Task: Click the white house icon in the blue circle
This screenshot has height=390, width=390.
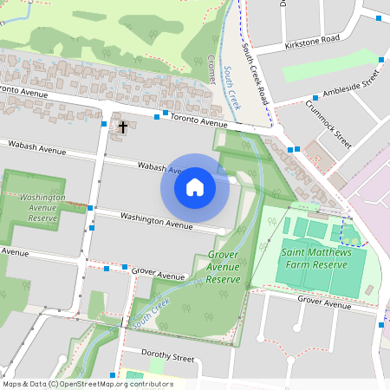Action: coord(195,186)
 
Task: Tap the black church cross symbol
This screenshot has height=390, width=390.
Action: coord(123,127)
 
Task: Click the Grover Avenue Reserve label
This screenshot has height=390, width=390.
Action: coord(223,268)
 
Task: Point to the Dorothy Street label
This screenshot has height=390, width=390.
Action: coord(159,356)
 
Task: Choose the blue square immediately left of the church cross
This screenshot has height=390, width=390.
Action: coord(104,125)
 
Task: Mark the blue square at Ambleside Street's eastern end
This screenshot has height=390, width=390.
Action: coord(381,59)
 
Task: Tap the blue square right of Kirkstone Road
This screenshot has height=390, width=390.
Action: coord(379,16)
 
